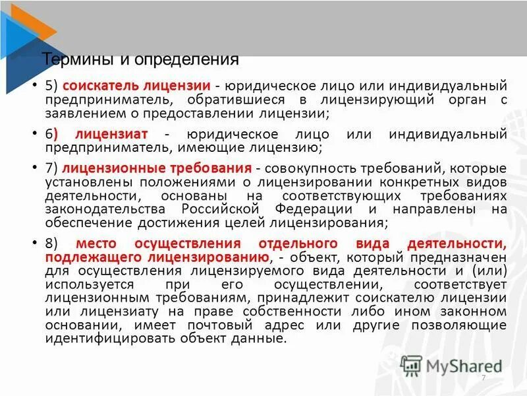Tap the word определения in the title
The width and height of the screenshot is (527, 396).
187,60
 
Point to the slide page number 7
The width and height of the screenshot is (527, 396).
484,377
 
